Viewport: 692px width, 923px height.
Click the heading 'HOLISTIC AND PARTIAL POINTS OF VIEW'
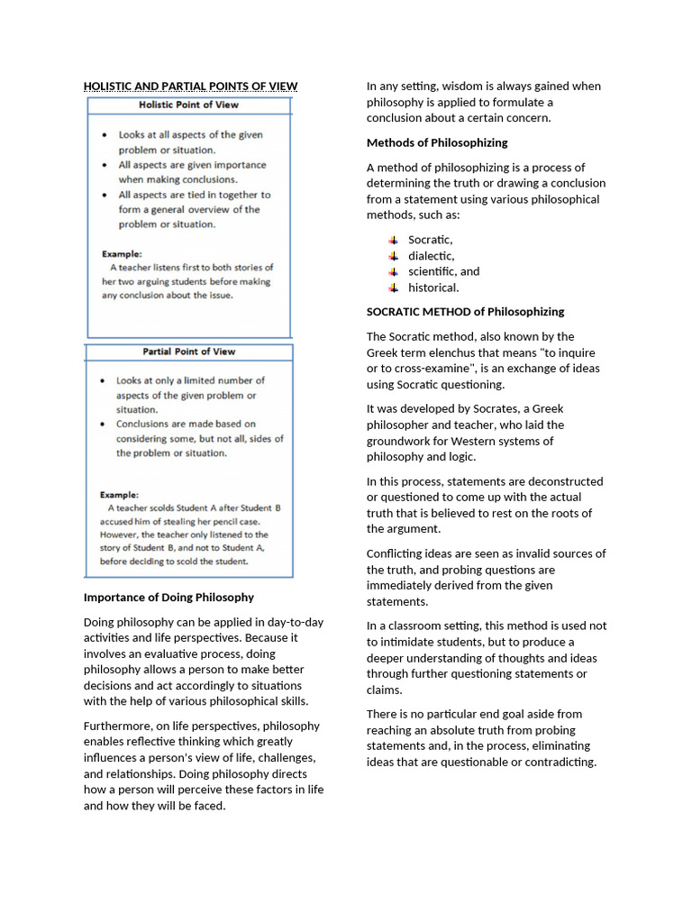pos(190,87)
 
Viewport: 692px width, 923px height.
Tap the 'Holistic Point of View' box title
pos(188,105)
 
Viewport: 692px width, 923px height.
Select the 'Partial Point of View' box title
pos(188,352)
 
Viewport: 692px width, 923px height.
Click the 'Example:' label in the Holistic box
pos(121,254)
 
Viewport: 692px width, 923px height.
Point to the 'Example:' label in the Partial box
pos(119,494)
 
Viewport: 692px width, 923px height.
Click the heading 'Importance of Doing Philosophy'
pos(168,597)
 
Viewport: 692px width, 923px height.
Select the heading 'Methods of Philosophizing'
pos(437,142)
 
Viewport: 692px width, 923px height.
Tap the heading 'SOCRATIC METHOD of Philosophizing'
pos(465,312)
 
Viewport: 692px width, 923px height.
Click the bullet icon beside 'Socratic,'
pos(393,240)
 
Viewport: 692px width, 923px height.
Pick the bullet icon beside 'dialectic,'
pos(393,256)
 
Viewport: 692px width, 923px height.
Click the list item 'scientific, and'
pos(443,271)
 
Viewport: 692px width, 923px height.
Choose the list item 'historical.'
pos(433,288)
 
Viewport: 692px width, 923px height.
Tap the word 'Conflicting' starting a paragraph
pos(395,553)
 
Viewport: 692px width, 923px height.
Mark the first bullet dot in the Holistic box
pos(105,135)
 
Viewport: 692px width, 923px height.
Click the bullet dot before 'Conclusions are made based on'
pos(105,424)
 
